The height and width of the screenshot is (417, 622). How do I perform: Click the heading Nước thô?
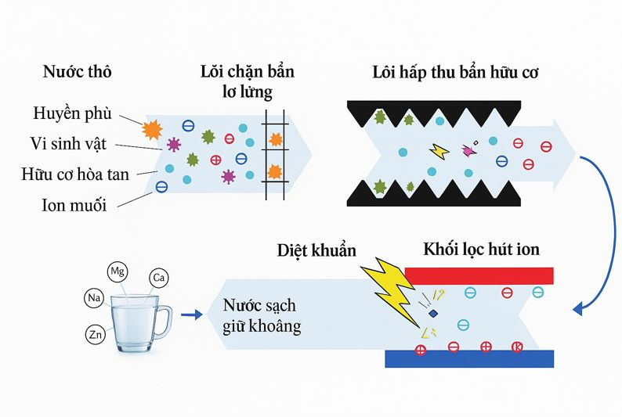tap(78, 73)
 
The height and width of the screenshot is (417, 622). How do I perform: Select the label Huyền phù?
tap(73, 114)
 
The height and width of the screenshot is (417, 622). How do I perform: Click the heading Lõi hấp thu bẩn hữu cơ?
tap(454, 73)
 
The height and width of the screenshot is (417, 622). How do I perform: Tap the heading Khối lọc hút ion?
tap(481, 250)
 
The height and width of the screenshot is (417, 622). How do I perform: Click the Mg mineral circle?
tap(118, 272)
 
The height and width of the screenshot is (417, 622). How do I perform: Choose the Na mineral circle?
tap(93, 298)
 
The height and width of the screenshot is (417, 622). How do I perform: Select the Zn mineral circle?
tap(96, 335)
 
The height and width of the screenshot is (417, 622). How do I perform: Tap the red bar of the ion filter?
tap(479, 275)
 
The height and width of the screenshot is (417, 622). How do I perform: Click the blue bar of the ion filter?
tap(470, 358)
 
